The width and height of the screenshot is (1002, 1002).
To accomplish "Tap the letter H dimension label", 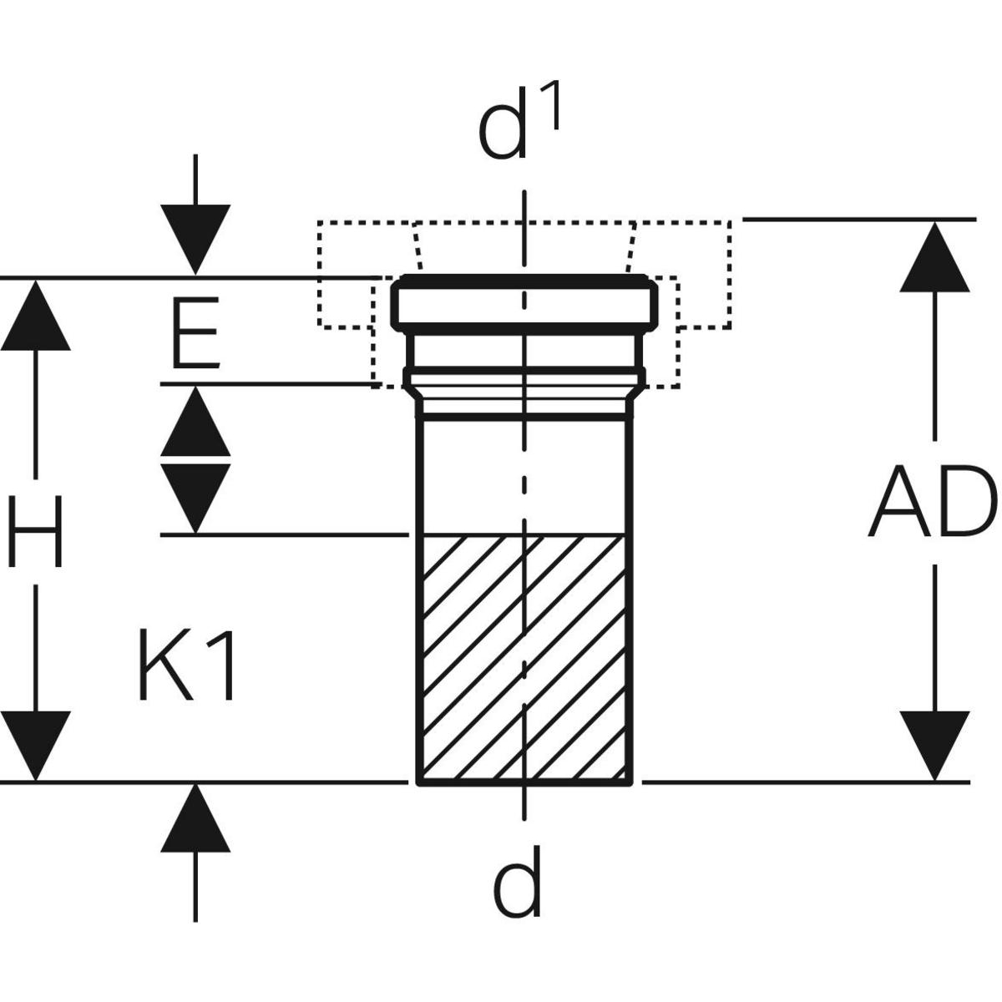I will point(35,529).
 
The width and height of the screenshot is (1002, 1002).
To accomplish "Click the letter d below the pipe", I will point(517,881).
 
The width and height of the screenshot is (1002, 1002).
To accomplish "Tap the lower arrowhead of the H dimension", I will point(35,745).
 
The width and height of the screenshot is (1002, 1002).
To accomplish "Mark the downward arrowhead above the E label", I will point(195,239).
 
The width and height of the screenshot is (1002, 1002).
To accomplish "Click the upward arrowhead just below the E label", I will point(195,421).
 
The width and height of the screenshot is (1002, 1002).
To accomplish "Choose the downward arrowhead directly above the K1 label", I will point(195,496).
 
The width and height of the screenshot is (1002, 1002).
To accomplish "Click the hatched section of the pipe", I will point(524,660).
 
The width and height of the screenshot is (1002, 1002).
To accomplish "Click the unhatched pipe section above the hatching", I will point(524,476).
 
